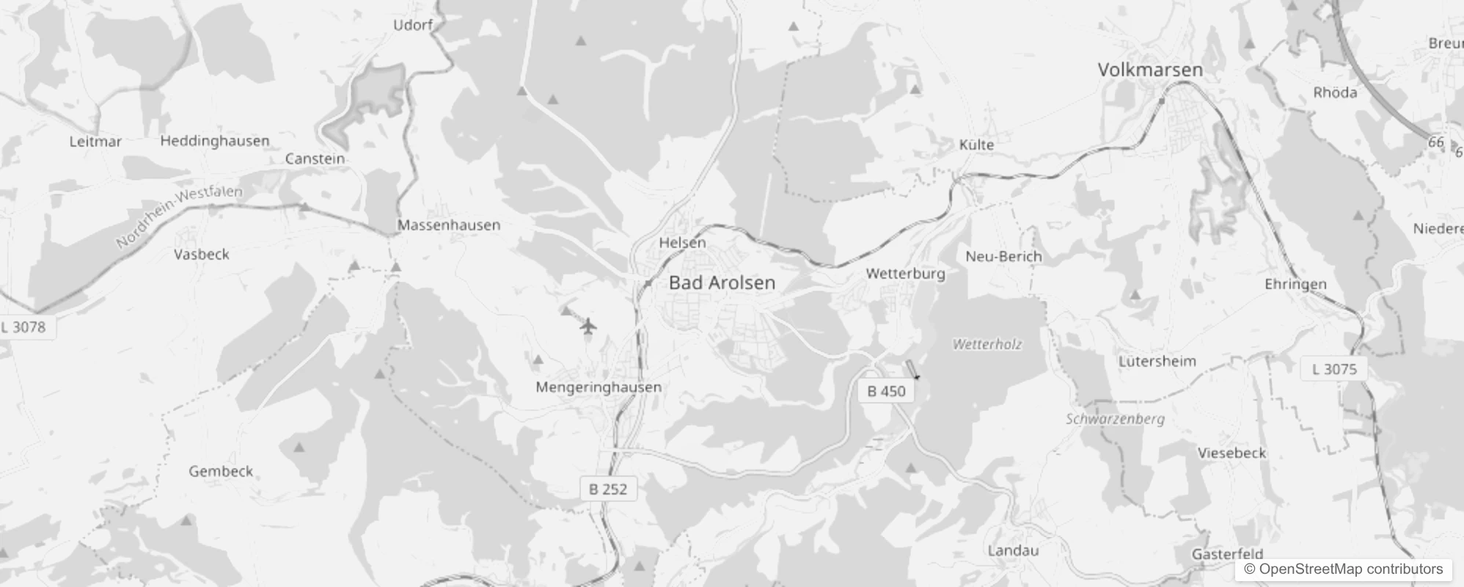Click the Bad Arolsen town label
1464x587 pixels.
[722, 282]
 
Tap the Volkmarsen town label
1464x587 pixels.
[1150, 70]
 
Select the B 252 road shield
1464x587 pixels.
[608, 489]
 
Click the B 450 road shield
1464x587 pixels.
[886, 391]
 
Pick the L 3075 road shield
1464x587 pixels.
[1334, 369]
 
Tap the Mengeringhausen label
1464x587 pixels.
[599, 387]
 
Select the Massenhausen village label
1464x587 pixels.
[449, 225]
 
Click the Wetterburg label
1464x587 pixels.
[905, 274]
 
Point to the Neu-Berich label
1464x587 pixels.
[1003, 256]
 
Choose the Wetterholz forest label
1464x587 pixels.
[987, 344]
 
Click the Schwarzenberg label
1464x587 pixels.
[1115, 419]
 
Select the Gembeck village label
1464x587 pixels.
[221, 471]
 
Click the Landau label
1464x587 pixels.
[1013, 550]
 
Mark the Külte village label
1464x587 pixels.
[976, 145]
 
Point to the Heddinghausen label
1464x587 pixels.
[215, 140]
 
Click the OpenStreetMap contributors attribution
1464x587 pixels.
[1343, 569]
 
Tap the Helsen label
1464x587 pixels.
[682, 242]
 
